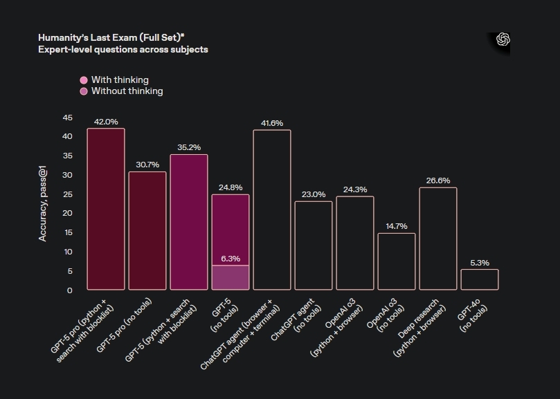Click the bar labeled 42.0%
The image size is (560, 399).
click(x=106, y=209)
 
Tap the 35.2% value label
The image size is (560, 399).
click(x=189, y=147)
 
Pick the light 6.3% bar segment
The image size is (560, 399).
click(x=231, y=277)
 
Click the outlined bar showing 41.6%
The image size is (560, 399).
click(x=272, y=210)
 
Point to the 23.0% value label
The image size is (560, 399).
click(x=314, y=194)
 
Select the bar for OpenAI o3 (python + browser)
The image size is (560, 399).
click(x=355, y=243)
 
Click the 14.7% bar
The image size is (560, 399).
click(x=397, y=261)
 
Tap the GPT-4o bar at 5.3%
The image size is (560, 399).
click(x=480, y=279)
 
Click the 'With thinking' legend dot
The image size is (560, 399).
click(x=84, y=80)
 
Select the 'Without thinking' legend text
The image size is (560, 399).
click(x=127, y=91)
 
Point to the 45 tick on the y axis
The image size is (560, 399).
click(x=67, y=118)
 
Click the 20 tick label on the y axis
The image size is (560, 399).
click(x=67, y=213)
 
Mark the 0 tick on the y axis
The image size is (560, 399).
click(x=69, y=290)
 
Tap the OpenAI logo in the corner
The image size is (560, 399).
click(x=503, y=40)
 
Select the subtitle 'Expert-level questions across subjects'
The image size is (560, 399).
click(x=123, y=50)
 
